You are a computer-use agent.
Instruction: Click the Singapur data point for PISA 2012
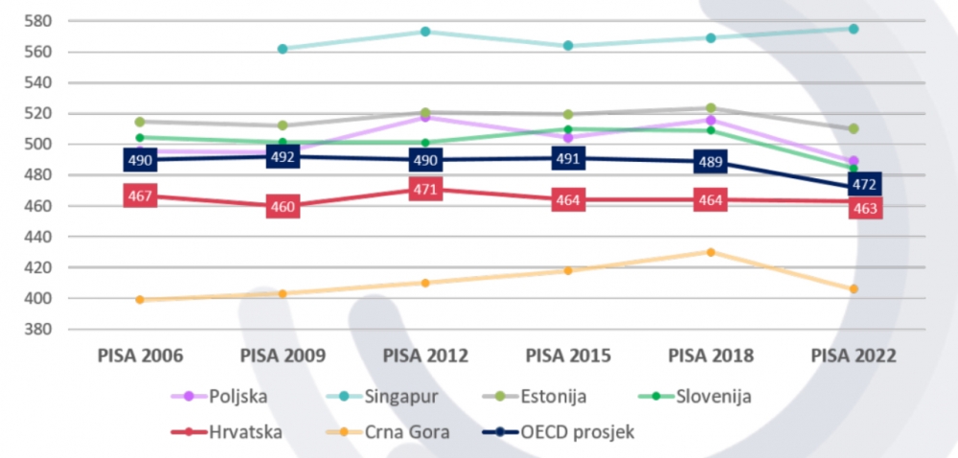pos(424,32)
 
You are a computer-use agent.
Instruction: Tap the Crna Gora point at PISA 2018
pos(711,252)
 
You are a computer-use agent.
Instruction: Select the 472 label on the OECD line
pos(864,184)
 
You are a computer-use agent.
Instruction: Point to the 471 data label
pos(424,190)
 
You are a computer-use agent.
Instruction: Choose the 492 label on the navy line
pos(283,156)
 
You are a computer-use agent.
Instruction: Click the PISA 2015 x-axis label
pos(568,355)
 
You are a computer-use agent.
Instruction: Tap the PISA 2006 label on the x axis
pos(140,355)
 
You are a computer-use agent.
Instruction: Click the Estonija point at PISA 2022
pos(853,128)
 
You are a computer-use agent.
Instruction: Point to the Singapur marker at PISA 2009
pos(283,49)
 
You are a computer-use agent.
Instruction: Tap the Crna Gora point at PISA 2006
pos(140,300)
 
